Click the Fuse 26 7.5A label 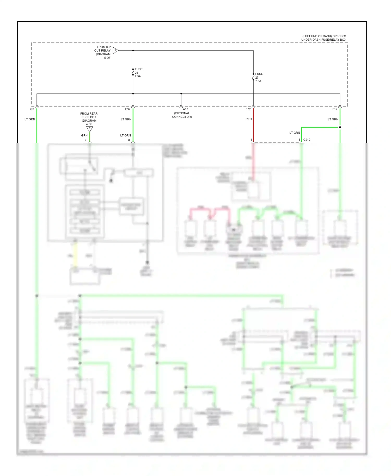(x=138, y=73)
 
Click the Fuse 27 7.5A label (x=259, y=77)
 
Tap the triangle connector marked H (x=115, y=51)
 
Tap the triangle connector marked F (x=89, y=129)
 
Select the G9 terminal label (x=32, y=109)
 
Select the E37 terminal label (x=127, y=109)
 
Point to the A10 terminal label (x=185, y=109)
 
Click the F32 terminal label (x=248, y=109)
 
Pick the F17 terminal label (x=335, y=109)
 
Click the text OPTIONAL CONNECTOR (x=182, y=115)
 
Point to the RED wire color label (x=249, y=119)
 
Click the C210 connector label (x=307, y=140)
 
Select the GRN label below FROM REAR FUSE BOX (x=84, y=135)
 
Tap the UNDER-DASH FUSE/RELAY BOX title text (x=324, y=40)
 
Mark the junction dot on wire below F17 (x=340, y=127)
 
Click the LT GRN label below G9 (x=30, y=119)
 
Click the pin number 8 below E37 (x=129, y=140)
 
